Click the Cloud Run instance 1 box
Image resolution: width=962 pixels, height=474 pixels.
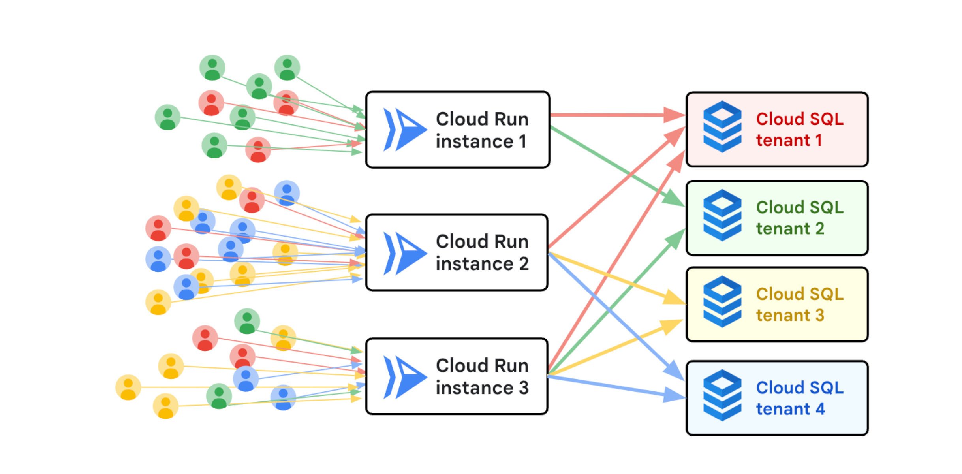click(x=457, y=130)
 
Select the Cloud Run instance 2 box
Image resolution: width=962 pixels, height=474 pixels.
click(x=457, y=253)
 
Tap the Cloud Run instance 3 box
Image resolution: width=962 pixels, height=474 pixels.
click(x=457, y=376)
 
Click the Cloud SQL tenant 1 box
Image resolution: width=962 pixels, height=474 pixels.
click(x=776, y=130)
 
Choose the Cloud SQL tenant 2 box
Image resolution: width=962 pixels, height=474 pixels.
click(x=776, y=218)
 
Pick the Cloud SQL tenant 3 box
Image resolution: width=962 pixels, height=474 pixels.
click(x=776, y=305)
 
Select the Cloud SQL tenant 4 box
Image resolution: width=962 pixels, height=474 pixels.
click(x=776, y=398)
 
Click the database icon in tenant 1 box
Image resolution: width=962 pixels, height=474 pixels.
click(x=722, y=126)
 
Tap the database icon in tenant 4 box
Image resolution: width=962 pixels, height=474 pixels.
click(x=722, y=395)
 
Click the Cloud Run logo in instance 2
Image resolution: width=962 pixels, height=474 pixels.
click(x=404, y=253)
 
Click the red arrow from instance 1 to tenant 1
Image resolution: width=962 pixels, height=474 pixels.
click(x=608, y=115)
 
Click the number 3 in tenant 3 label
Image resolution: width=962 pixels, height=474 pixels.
click(x=819, y=316)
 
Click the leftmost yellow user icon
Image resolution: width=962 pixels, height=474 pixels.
click(x=128, y=387)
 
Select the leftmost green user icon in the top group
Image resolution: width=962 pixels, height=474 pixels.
click(x=167, y=117)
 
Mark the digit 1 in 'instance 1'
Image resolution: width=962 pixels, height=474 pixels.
click(x=522, y=142)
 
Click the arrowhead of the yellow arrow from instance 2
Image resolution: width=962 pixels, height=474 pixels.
click(x=673, y=297)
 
